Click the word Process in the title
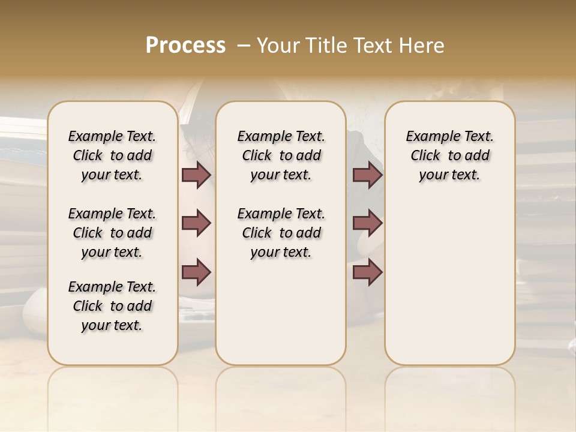click(185, 45)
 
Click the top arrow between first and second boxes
click(196, 175)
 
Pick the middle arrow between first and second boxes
click(196, 224)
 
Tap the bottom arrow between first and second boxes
click(196, 272)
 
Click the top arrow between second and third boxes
click(367, 175)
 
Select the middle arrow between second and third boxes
click(367, 224)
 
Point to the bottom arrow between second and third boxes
click(367, 272)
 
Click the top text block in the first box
click(112, 155)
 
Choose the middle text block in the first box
click(112, 233)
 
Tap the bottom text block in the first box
click(112, 306)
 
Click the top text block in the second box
click(281, 155)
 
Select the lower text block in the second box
click(281, 233)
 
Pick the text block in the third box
click(450, 155)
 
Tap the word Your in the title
click(278, 45)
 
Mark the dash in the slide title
click(243, 45)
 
